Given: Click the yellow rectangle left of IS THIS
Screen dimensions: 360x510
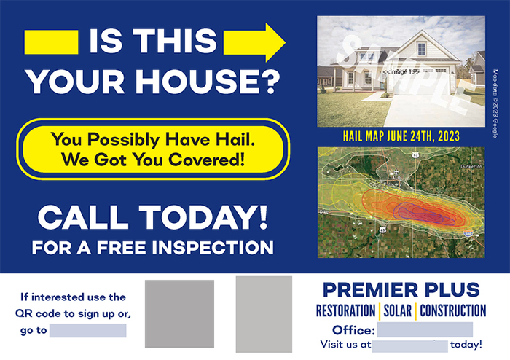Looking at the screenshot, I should (x=51, y=42).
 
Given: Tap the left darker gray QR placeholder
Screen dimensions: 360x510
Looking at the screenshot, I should (x=179, y=313).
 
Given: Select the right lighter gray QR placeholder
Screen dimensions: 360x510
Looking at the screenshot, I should (x=263, y=314).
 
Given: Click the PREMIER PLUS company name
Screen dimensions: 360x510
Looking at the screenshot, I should (x=400, y=289).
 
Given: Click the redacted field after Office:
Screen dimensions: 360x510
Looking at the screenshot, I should (x=440, y=329).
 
